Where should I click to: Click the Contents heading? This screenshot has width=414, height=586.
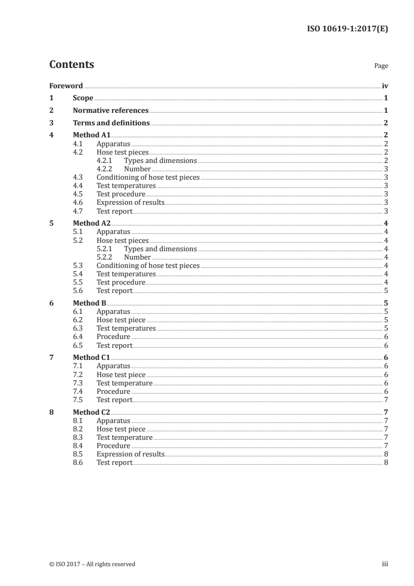click(x=72, y=65)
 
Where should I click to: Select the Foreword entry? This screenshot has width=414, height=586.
click(x=66, y=86)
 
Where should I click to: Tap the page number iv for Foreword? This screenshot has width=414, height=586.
click(x=385, y=86)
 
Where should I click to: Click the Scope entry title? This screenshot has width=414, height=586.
click(x=83, y=98)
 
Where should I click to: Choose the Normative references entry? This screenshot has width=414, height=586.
click(x=111, y=111)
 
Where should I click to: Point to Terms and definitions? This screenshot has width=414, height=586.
click(x=111, y=123)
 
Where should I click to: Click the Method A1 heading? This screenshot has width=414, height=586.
click(x=91, y=136)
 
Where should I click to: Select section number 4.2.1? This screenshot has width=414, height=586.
click(x=104, y=161)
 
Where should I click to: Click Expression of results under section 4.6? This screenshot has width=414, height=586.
click(x=130, y=203)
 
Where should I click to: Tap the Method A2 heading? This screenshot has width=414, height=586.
click(x=91, y=224)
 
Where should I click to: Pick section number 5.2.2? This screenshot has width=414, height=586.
click(x=104, y=257)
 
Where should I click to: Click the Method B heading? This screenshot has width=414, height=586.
click(x=89, y=303)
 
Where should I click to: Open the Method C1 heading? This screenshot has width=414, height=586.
click(x=91, y=358)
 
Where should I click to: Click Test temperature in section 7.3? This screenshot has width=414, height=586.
click(x=124, y=383)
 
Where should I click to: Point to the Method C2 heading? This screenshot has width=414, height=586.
click(x=91, y=413)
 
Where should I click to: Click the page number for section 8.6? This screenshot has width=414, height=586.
click(x=386, y=463)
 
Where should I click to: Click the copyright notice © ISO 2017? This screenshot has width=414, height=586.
click(x=92, y=564)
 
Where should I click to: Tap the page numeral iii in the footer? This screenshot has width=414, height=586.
click(x=385, y=564)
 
